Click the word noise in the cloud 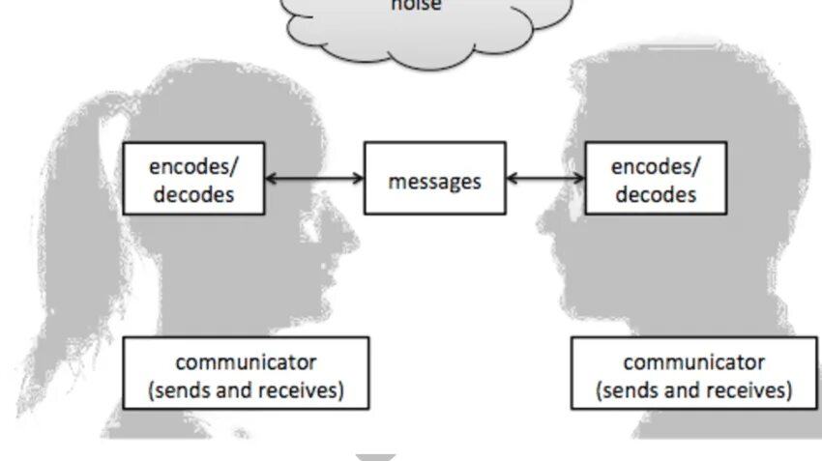[x=416, y=6]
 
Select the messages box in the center [x=434, y=179]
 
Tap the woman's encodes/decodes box [x=192, y=179]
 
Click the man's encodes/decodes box [x=656, y=179]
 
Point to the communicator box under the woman [x=246, y=373]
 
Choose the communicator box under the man [x=693, y=373]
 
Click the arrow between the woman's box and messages [x=314, y=178]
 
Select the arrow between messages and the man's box [x=545, y=178]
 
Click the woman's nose [x=354, y=232]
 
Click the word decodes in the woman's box [x=192, y=193]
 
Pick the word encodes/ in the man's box [x=656, y=166]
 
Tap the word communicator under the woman [x=246, y=362]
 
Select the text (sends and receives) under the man [x=693, y=390]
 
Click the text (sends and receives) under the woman [x=246, y=390]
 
